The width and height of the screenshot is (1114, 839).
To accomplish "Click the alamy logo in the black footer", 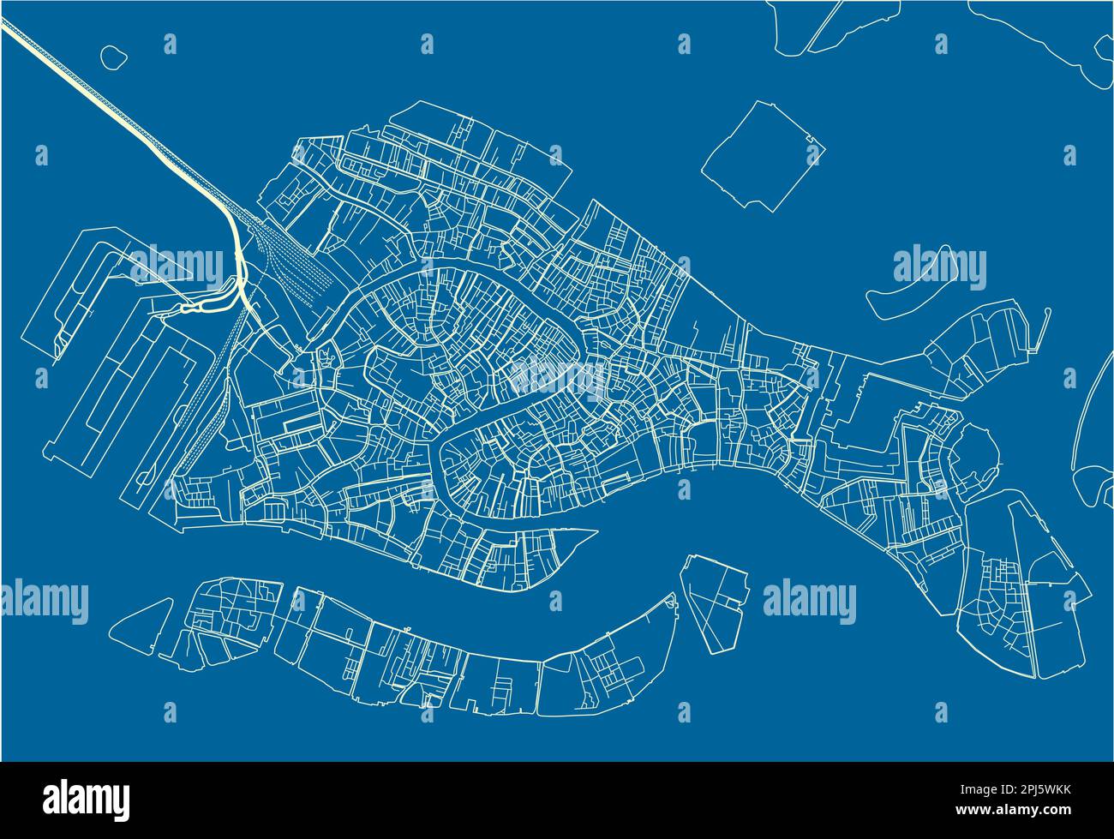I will (86, 797).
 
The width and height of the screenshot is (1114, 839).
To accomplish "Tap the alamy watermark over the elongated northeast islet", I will (940, 267).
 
